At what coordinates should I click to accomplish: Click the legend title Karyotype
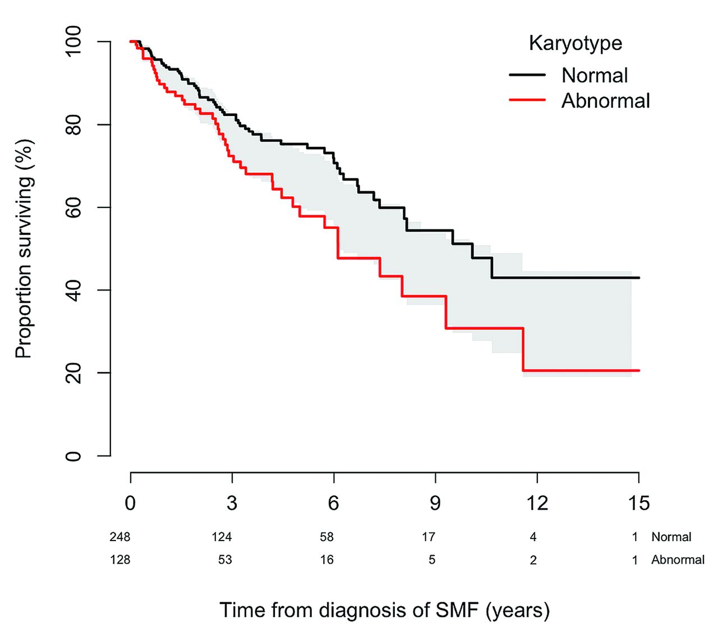pos(576,43)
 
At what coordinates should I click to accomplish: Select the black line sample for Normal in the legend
pos(527,75)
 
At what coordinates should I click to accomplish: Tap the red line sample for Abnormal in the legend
pos(527,100)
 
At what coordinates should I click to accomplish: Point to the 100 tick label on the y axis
pos(73,41)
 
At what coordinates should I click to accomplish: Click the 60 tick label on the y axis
pos(73,207)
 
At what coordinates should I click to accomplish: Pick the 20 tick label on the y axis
pos(73,372)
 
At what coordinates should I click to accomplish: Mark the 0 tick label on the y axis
pos(73,455)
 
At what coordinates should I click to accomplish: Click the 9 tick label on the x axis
pos(435,503)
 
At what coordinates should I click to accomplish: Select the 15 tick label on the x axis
pos(638,503)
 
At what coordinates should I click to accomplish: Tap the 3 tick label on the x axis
pos(232,503)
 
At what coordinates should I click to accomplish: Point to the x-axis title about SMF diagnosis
pos(384,610)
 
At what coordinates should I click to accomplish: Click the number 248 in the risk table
pos(120,537)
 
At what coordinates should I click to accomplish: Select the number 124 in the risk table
pos(222,537)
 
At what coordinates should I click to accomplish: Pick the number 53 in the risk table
pos(225,560)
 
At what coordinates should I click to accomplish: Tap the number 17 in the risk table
pos(429,537)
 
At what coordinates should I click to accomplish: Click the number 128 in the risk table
pos(120,560)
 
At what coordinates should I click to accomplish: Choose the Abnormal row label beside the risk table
pos(678,560)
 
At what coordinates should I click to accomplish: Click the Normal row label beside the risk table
pos(671,537)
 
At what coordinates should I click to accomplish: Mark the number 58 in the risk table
pos(326,537)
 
